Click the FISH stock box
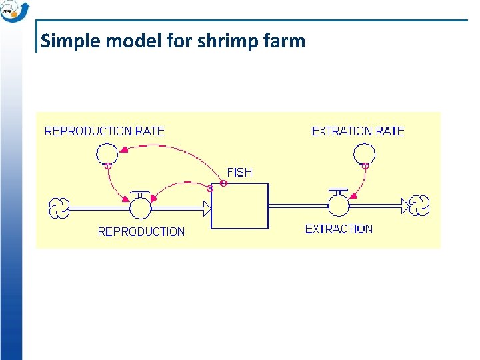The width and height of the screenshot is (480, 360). pyautogui.click(x=240, y=205)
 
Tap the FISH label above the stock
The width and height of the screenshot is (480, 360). pyautogui.click(x=239, y=172)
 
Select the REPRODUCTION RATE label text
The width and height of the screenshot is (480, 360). pyautogui.click(x=104, y=131)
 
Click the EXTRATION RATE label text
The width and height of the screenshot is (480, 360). pyautogui.click(x=358, y=131)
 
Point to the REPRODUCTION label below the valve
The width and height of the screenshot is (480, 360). pyautogui.click(x=141, y=231)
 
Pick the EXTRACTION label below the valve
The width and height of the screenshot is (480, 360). pyautogui.click(x=339, y=229)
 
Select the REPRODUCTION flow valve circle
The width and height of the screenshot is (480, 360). pyautogui.click(x=140, y=207)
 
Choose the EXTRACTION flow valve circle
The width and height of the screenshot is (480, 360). pyautogui.click(x=339, y=206)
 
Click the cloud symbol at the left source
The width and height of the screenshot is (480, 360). pyautogui.click(x=59, y=208)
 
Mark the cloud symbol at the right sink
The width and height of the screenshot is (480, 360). pyautogui.click(x=419, y=206)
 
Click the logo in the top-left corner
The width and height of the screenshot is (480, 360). pyautogui.click(x=13, y=11)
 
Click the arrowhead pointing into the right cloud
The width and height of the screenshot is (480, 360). pyautogui.click(x=406, y=206)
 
